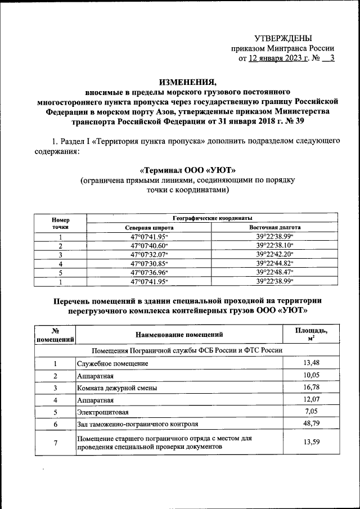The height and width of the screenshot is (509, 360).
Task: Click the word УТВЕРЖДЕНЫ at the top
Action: pos(283,38)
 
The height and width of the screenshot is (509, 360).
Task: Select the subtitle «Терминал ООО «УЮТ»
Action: pos(187,170)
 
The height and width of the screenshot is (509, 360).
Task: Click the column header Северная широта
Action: pos(148,227)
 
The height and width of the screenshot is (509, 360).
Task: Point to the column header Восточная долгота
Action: pos(274,227)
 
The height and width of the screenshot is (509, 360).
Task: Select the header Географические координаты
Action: pos(211,218)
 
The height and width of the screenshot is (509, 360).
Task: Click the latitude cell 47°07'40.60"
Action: pos(148,245)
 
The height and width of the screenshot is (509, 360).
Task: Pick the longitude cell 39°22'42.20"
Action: pos(274,254)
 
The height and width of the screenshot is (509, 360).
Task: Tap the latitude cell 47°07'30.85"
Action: pos(148,263)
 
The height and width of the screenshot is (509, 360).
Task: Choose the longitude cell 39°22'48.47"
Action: pos(274,272)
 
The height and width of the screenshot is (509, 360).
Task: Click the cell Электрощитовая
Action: pos(102,412)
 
